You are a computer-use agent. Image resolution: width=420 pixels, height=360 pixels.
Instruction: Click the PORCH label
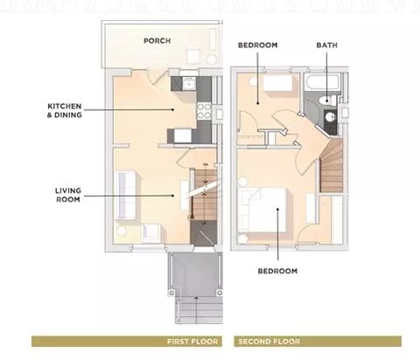pyautogui.click(x=157, y=40)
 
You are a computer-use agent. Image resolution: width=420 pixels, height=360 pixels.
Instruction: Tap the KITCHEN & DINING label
pyautogui.click(x=65, y=110)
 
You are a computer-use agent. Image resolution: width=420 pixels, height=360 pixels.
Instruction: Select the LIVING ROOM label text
pyautogui.click(x=68, y=195)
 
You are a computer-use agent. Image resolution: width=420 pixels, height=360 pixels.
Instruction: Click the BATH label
pyautogui.click(x=327, y=46)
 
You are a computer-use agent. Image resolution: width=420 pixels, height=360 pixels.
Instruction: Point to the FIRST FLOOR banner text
pyautogui.click(x=192, y=342)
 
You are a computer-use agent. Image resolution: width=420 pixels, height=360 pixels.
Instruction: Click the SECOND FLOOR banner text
pyautogui.click(x=269, y=342)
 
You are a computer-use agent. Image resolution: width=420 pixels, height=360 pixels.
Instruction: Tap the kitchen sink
pyautogui.click(x=189, y=84)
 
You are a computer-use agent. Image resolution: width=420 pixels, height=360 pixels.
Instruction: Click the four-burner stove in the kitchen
pyautogui.click(x=204, y=111)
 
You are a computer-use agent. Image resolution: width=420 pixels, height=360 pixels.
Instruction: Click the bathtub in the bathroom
pyautogui.click(x=321, y=82)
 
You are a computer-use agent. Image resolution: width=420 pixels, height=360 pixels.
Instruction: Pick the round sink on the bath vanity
pyautogui.click(x=330, y=117)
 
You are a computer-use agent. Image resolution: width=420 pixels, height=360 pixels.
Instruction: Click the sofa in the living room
pyautogui.click(x=126, y=195)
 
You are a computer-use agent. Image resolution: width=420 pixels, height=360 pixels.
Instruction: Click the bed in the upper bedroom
pyautogui.click(x=277, y=82)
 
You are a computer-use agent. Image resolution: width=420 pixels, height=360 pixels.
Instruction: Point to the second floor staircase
pyautogui.click(x=332, y=166)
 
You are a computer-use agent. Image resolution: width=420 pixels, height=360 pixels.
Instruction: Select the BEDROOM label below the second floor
pyautogui.click(x=277, y=271)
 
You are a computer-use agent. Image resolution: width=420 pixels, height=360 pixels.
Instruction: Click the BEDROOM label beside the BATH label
pyautogui.click(x=257, y=46)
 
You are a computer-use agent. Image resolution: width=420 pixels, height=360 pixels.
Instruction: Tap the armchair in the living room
pyautogui.click(x=151, y=233)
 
